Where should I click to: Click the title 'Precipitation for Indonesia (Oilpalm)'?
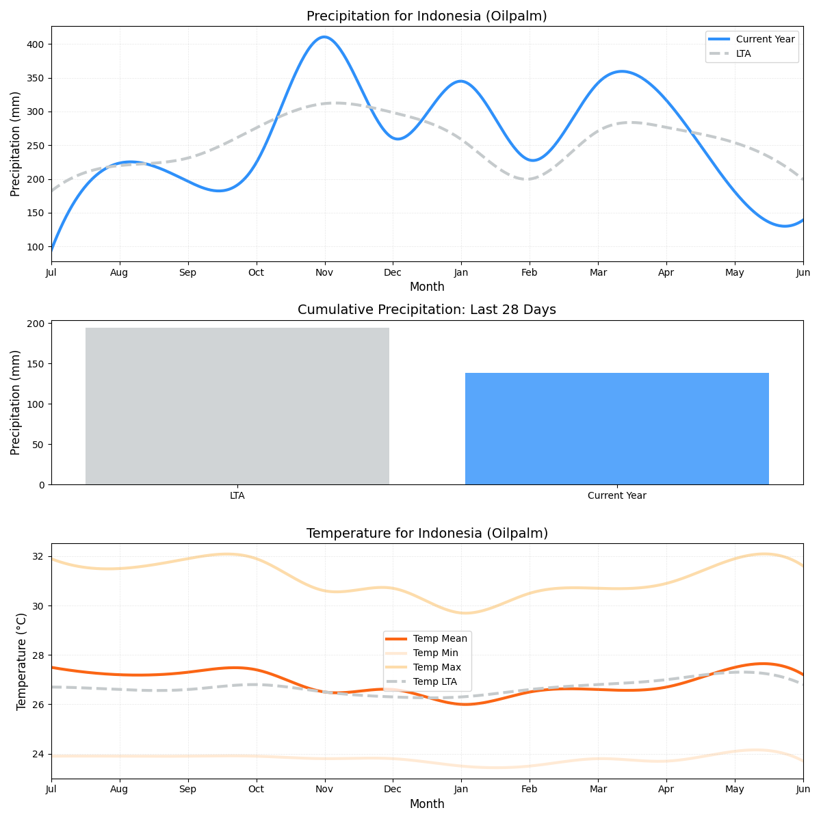click(x=426, y=16)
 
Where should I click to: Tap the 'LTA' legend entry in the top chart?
click(x=743, y=53)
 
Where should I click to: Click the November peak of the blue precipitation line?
click(x=324, y=37)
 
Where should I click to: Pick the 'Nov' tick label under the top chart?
click(x=324, y=272)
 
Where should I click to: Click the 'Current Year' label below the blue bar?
click(x=616, y=495)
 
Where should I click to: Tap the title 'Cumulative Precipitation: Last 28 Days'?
click(x=426, y=310)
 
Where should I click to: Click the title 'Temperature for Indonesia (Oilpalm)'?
click(x=426, y=534)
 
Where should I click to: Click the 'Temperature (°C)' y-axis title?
click(x=21, y=661)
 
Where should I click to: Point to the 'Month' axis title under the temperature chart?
click(x=426, y=804)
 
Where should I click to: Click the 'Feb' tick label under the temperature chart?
click(x=529, y=790)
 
